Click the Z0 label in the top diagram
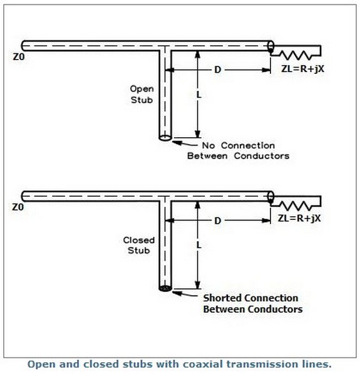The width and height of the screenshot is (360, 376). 19,57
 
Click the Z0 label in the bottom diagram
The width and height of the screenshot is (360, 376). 18,207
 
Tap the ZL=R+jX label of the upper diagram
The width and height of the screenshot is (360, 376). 302,69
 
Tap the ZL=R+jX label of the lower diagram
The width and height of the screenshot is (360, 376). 299,218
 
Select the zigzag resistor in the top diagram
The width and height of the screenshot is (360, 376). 297,55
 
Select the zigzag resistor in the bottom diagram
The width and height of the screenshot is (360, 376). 297,206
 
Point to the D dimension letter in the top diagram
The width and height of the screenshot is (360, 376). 217,70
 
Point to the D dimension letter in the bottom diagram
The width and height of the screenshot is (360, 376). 217,221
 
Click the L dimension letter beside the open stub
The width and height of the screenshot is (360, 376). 199,95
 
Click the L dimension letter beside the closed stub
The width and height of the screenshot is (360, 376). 199,245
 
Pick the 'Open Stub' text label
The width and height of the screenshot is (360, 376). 141,94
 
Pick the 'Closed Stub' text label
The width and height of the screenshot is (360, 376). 139,245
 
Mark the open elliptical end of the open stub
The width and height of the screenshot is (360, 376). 165,138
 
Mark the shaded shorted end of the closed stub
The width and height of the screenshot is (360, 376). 165,288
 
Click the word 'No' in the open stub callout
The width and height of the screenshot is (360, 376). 208,145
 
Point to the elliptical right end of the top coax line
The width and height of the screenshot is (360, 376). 270,46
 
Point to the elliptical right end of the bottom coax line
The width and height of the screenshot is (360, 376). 270,196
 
